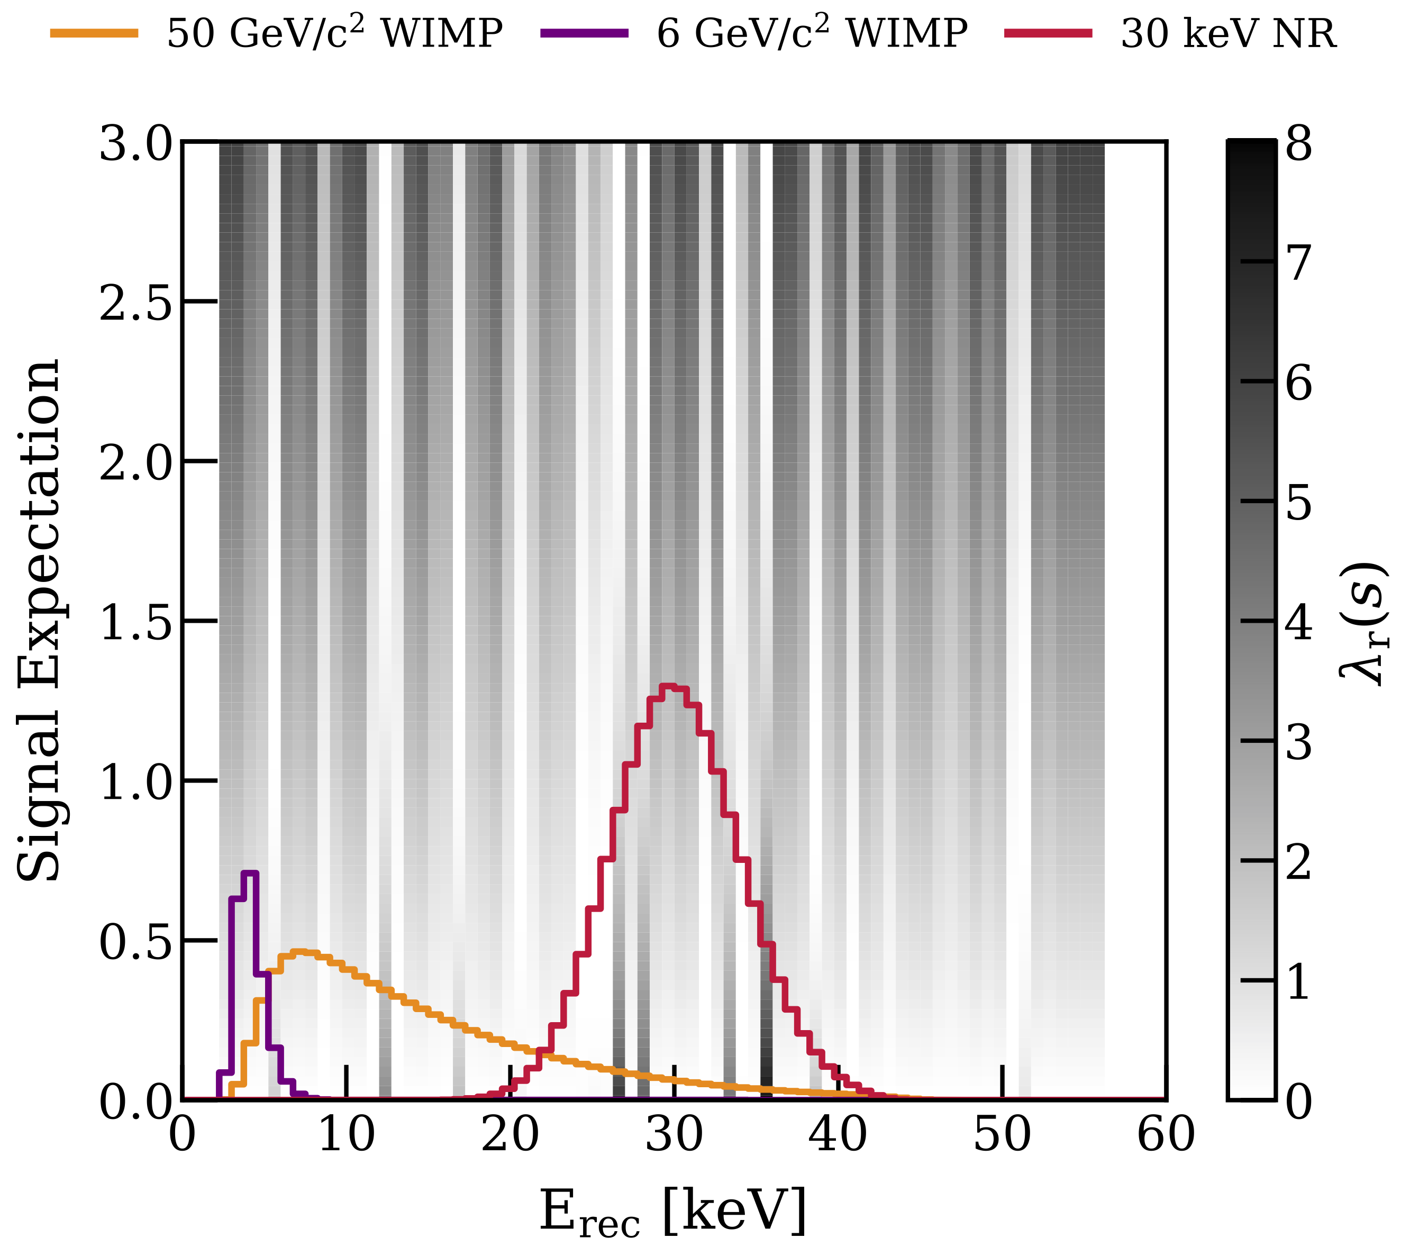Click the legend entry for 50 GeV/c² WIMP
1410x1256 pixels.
(335, 33)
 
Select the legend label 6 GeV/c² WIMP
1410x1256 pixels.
(812, 33)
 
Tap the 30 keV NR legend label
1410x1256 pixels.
(1229, 33)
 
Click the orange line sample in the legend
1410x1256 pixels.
(95, 33)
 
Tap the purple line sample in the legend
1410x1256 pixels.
(585, 33)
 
